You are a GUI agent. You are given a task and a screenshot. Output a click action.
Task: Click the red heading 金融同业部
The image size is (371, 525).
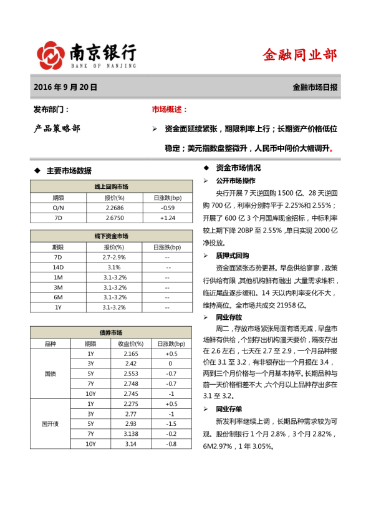[x=299, y=55]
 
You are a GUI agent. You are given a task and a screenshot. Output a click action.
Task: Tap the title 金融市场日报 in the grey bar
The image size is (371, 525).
[x=315, y=88]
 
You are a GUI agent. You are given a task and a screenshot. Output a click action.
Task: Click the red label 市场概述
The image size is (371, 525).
[x=169, y=110]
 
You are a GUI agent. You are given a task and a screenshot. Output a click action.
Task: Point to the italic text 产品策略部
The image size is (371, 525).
[x=57, y=129]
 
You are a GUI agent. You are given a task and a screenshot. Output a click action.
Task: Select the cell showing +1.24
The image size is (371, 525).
[x=167, y=218]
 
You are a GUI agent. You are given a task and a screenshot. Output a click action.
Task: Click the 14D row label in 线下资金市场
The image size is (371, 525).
[x=58, y=267]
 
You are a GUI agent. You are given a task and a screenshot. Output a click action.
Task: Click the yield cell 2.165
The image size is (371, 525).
[x=122, y=354]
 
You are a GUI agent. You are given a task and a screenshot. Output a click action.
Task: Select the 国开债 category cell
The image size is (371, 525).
[x=49, y=424]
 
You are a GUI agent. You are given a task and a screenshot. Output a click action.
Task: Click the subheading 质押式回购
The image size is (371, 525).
[x=232, y=256]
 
